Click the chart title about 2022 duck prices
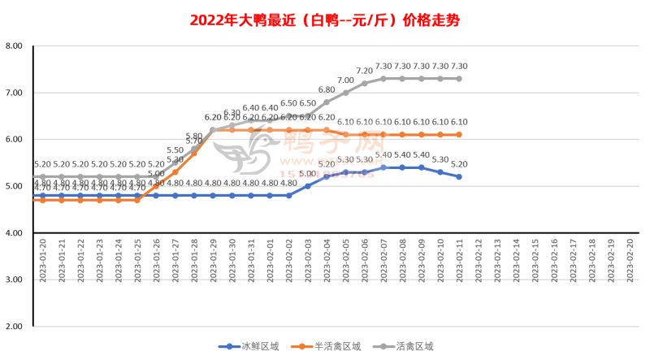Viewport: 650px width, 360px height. (324, 20)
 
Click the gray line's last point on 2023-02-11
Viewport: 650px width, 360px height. (460, 79)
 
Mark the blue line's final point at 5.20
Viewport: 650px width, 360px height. (460, 177)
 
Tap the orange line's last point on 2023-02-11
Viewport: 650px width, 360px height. (460, 135)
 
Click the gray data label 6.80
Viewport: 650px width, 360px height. (327, 90)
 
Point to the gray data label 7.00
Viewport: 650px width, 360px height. (345, 80)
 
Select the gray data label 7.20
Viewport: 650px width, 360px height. (365, 72)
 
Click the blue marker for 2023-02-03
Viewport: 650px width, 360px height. (308, 186)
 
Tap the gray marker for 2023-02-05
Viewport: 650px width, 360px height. (345, 93)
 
